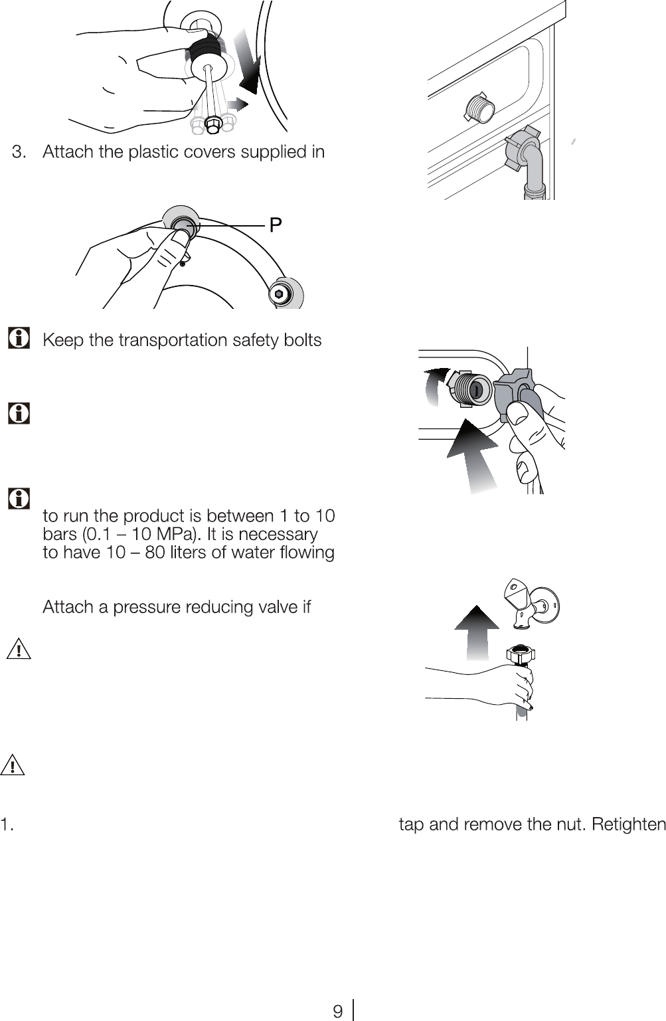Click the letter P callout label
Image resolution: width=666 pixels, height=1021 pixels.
pos(275,225)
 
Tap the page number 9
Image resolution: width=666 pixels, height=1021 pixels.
pos(337,1011)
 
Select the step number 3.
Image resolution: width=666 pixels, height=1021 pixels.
pos(19,151)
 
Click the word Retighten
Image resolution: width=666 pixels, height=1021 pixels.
pos(629,824)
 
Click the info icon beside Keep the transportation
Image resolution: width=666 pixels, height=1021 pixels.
pos(19,337)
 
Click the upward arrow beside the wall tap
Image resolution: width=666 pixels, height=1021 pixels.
pos(477,632)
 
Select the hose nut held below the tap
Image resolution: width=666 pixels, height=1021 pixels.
pos(521,655)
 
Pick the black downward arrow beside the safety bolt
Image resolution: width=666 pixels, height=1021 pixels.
pos(248,62)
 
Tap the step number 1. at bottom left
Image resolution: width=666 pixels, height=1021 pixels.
pos(7,824)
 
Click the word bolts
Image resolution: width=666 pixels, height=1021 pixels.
pos(303,340)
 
